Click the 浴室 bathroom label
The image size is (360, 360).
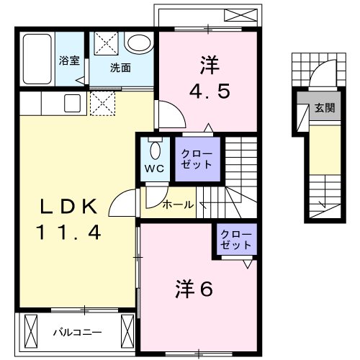pyautogui.click(x=69, y=60)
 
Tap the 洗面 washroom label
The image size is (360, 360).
pyautogui.click(x=120, y=68)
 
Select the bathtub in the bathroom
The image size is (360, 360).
pyautogui.click(x=37, y=59)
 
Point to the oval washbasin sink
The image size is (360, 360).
pyautogui.click(x=139, y=42)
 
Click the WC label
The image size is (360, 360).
pyautogui.click(x=155, y=168)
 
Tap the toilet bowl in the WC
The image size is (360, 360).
pyautogui.click(x=156, y=150)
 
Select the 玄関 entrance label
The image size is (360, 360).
pyautogui.click(x=325, y=108)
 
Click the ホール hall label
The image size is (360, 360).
pyautogui.click(x=178, y=204)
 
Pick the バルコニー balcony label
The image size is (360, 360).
pyautogui.click(x=78, y=333)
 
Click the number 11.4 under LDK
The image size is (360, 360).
pyautogui.click(x=68, y=233)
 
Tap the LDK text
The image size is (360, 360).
pyautogui.click(x=69, y=207)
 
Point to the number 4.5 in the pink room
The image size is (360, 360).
pyautogui.click(x=210, y=91)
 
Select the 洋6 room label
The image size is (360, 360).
pyautogui.click(x=194, y=289)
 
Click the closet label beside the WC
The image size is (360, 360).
pyautogui.click(x=197, y=159)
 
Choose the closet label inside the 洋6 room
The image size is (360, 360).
pyautogui.click(x=236, y=240)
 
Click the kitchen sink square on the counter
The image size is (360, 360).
pyautogui.click(x=72, y=103)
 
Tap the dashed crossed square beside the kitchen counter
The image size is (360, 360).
pyautogui.click(x=103, y=103)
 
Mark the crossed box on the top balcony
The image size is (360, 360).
pyautogui.click(x=240, y=15)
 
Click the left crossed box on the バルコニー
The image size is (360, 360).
pyautogui.click(x=31, y=331)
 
